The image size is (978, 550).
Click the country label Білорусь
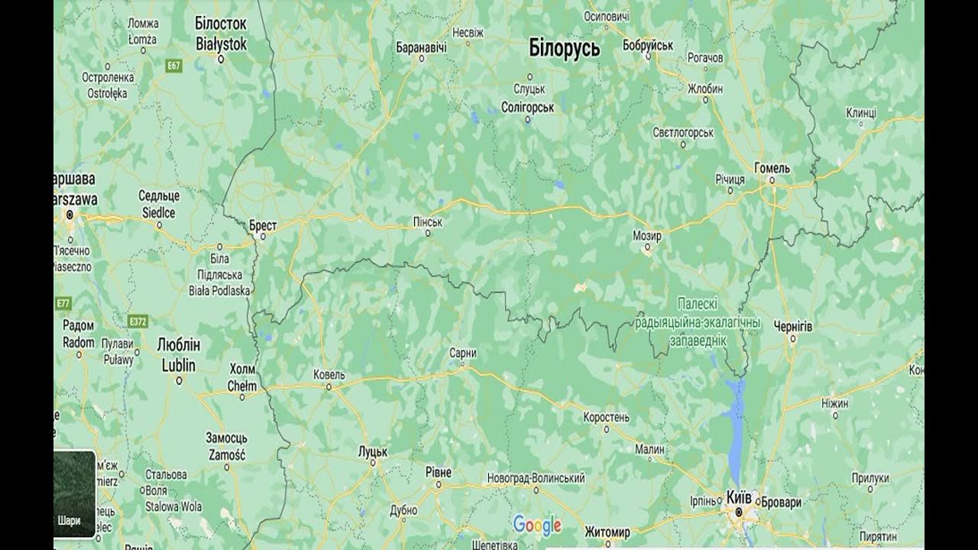[x=564, y=48]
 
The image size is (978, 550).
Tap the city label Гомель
[x=772, y=168]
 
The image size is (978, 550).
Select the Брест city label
[x=263, y=226]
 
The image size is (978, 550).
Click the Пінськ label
[x=427, y=222]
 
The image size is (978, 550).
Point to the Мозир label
[x=646, y=236]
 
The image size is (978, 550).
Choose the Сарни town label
[x=463, y=353]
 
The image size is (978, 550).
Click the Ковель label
[x=329, y=375]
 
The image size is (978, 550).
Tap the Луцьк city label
[x=373, y=452]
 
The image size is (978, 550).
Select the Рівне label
[x=439, y=473]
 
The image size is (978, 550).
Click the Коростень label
[x=606, y=417]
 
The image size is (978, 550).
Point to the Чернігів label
[x=793, y=326]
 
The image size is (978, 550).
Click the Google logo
[x=537, y=525]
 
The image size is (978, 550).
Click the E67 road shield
[x=174, y=66]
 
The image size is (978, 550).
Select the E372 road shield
[x=138, y=322]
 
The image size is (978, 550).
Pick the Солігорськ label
[x=527, y=108]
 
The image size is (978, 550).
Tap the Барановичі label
[x=421, y=47]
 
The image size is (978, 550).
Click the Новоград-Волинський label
[x=536, y=478]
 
